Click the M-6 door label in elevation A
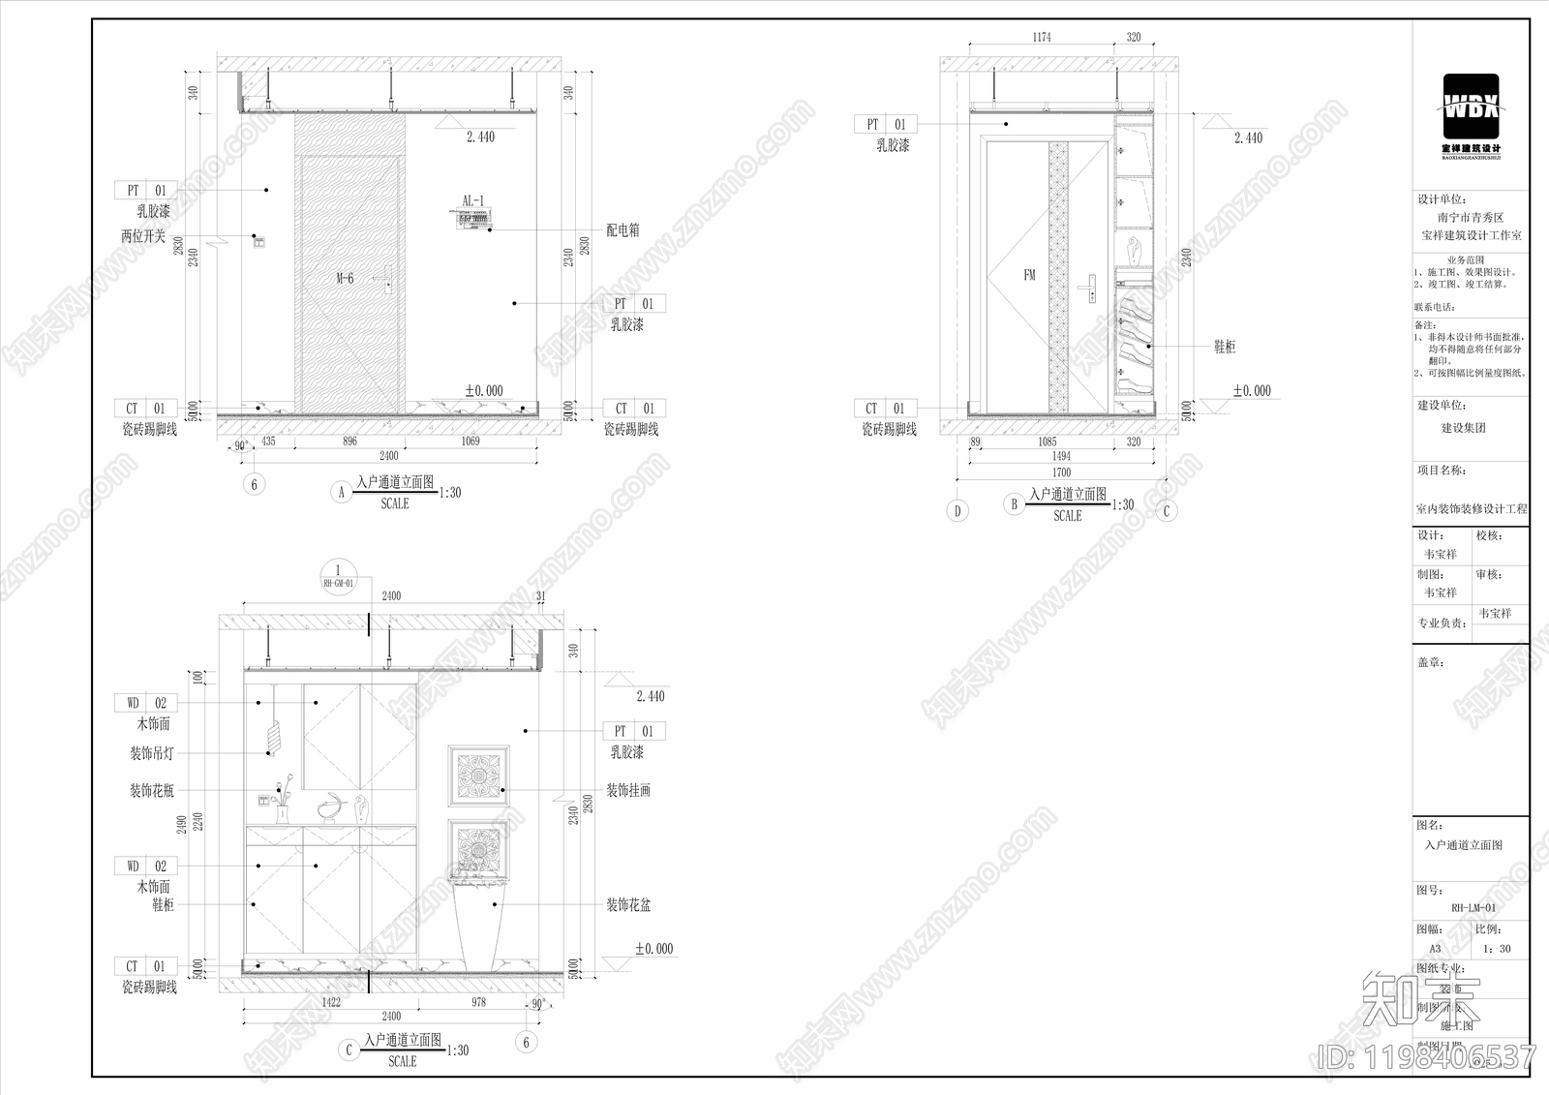click(345, 279)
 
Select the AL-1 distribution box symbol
click(472, 220)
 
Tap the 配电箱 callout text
click(623, 230)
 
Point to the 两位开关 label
click(143, 236)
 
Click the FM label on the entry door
click(1029, 275)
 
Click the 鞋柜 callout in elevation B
click(1225, 347)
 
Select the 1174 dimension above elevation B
click(1041, 38)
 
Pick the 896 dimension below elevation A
click(349, 441)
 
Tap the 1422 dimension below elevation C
click(330, 1002)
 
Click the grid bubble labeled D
click(957, 510)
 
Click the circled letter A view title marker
click(341, 492)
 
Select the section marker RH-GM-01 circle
click(338, 576)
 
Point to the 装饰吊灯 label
click(152, 753)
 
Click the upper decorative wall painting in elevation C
click(478, 776)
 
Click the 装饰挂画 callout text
click(628, 791)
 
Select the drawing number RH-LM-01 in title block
click(1473, 908)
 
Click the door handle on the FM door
click(1090, 288)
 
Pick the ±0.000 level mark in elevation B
click(1252, 391)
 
